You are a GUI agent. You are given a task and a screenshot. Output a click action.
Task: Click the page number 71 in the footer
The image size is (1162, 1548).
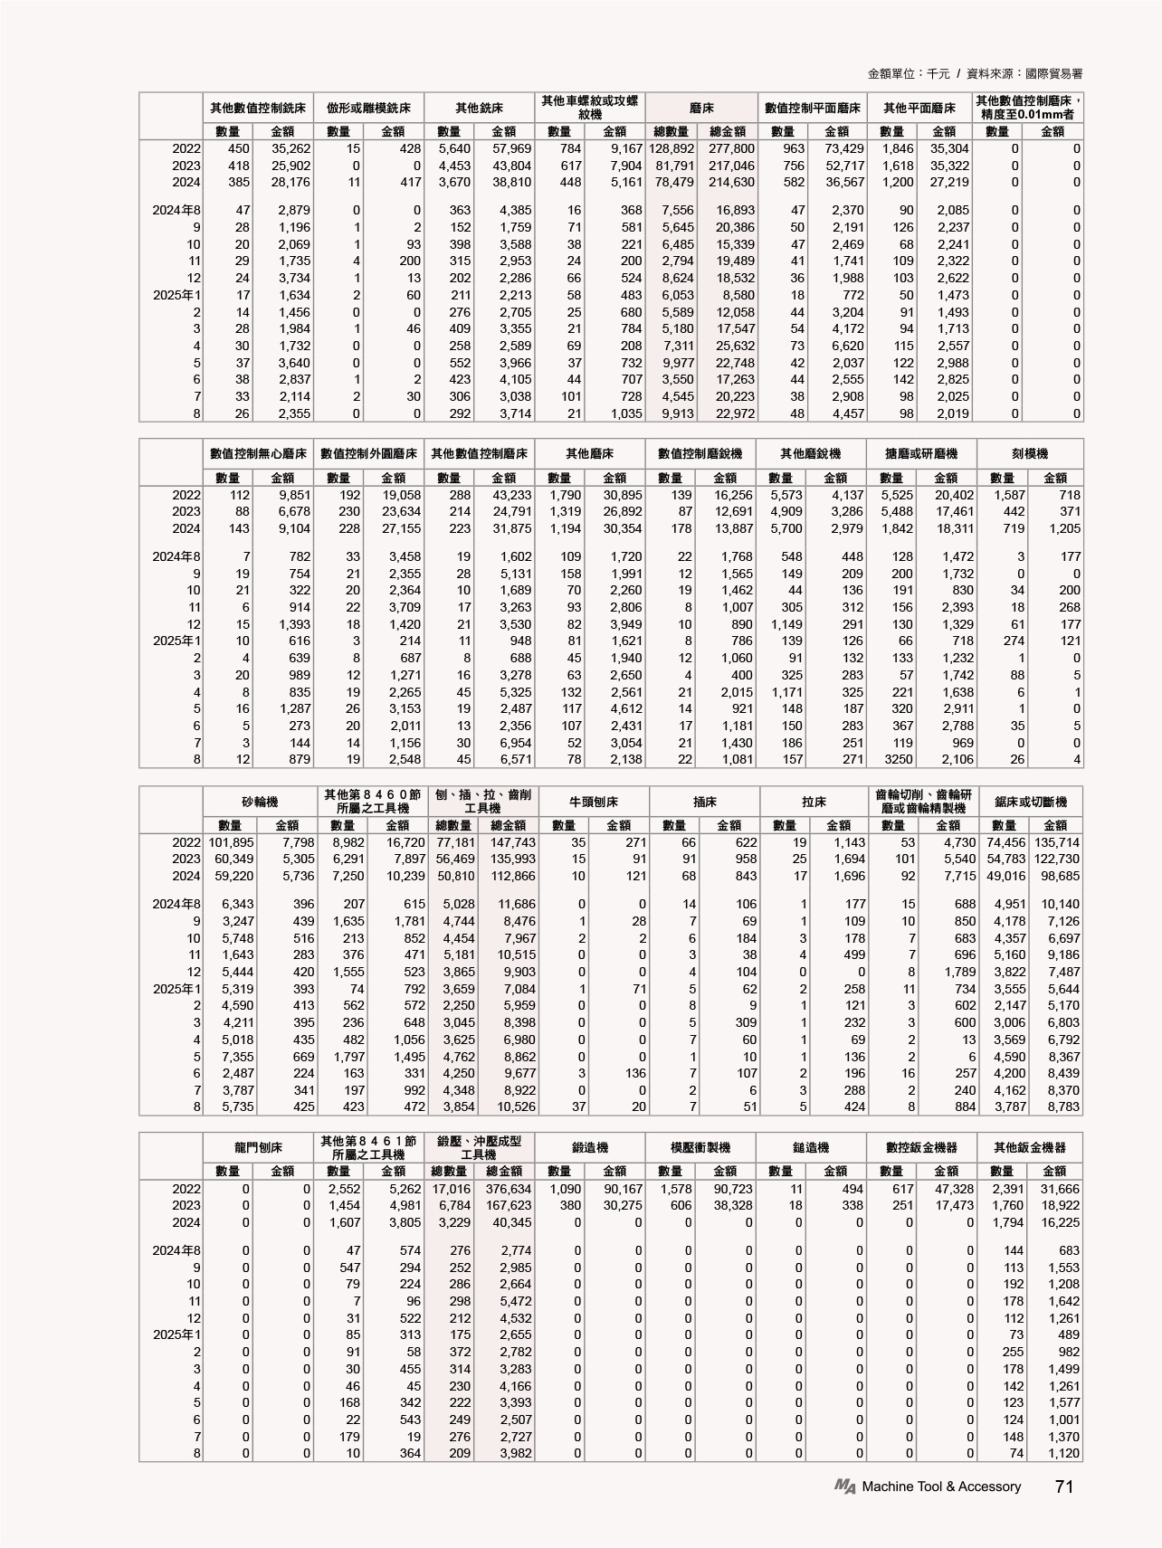pos(1063,1486)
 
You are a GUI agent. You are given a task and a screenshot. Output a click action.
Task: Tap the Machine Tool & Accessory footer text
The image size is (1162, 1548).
pos(941,1486)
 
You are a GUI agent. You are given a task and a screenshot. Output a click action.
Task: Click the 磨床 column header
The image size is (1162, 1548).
pos(701,108)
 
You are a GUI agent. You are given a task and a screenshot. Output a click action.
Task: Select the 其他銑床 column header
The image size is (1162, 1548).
pos(480,108)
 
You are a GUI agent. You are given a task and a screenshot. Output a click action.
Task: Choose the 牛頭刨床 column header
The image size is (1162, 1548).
pos(593,802)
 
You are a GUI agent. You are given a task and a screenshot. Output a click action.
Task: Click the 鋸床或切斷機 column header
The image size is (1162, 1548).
pos(1030,802)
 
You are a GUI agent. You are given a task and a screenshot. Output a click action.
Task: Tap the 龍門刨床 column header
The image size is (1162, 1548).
pos(258,1148)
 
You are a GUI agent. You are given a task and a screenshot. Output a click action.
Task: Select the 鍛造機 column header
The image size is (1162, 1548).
pos(590,1148)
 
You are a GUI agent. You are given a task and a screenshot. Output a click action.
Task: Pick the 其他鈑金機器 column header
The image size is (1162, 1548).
pos(1030,1148)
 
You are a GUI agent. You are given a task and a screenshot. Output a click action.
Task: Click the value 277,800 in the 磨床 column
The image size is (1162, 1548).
pos(731,148)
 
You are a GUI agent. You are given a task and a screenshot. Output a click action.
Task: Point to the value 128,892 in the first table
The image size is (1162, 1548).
pos(671,148)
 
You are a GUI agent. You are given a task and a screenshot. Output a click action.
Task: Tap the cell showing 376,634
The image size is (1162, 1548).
pos(508,1190)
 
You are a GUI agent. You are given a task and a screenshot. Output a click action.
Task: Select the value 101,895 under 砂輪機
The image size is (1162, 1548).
pos(231,842)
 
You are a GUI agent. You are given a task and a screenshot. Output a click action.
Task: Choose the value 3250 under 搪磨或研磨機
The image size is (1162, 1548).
pos(898,760)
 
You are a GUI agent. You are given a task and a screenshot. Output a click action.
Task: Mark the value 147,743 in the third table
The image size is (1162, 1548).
pos(511,842)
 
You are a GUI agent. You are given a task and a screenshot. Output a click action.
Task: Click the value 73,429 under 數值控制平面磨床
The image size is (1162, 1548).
pos(842,148)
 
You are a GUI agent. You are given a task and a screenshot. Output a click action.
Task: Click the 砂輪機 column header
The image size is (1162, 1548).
pos(260,802)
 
